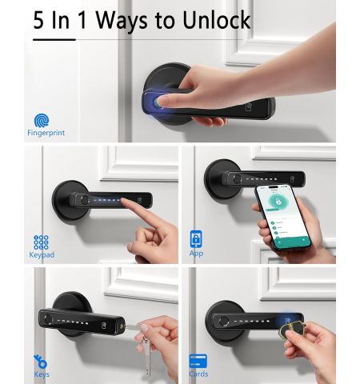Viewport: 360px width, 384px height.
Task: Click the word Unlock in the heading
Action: pos(217,20)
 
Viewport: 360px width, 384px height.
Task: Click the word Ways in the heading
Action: pos(122,22)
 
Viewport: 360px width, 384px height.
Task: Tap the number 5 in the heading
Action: pos(38,20)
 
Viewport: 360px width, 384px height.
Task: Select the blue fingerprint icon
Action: pos(42,120)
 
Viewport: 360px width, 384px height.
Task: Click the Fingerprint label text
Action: pos(46,133)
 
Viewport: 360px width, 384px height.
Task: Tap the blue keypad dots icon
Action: pos(41,242)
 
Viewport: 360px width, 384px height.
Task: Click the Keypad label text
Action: pos(42,254)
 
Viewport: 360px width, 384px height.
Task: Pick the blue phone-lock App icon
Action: pos(196,239)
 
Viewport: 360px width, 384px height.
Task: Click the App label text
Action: pos(196,253)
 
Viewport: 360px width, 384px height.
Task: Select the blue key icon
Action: pos(41,362)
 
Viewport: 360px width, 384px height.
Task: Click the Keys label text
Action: pos(42,374)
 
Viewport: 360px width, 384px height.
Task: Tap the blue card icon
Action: pos(198,361)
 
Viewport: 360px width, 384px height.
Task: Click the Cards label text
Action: pos(198,374)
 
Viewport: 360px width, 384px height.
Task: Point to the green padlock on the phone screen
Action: pos(278,202)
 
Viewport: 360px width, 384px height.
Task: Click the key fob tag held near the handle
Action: pos(292,330)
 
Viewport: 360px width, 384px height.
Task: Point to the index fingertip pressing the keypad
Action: pos(124,201)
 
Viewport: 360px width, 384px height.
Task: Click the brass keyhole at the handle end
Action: pos(122,326)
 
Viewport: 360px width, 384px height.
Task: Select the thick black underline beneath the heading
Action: pos(54,40)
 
